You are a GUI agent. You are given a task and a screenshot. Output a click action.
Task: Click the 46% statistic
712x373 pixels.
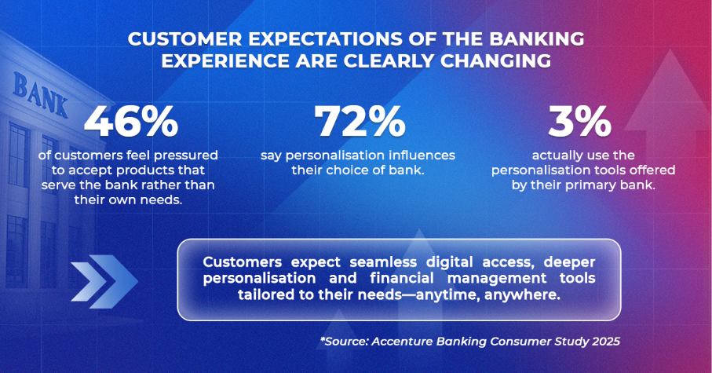click(x=131, y=121)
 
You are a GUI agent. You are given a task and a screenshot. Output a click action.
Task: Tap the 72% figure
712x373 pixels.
click(x=360, y=121)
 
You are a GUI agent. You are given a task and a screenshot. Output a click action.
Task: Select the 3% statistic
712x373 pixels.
click(x=580, y=121)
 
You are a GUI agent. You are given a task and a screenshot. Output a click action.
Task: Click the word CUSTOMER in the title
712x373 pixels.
click(x=188, y=39)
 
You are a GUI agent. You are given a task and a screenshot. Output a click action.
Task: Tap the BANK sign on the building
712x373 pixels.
click(x=40, y=95)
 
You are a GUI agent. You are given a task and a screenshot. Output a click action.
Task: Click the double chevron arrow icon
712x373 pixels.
click(x=104, y=281)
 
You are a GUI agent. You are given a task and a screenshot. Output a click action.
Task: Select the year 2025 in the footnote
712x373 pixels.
click(x=606, y=342)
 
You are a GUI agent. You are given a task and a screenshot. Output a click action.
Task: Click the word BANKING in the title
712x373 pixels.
click(x=537, y=39)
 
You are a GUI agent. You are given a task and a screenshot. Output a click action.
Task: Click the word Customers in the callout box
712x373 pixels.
click(x=243, y=262)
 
